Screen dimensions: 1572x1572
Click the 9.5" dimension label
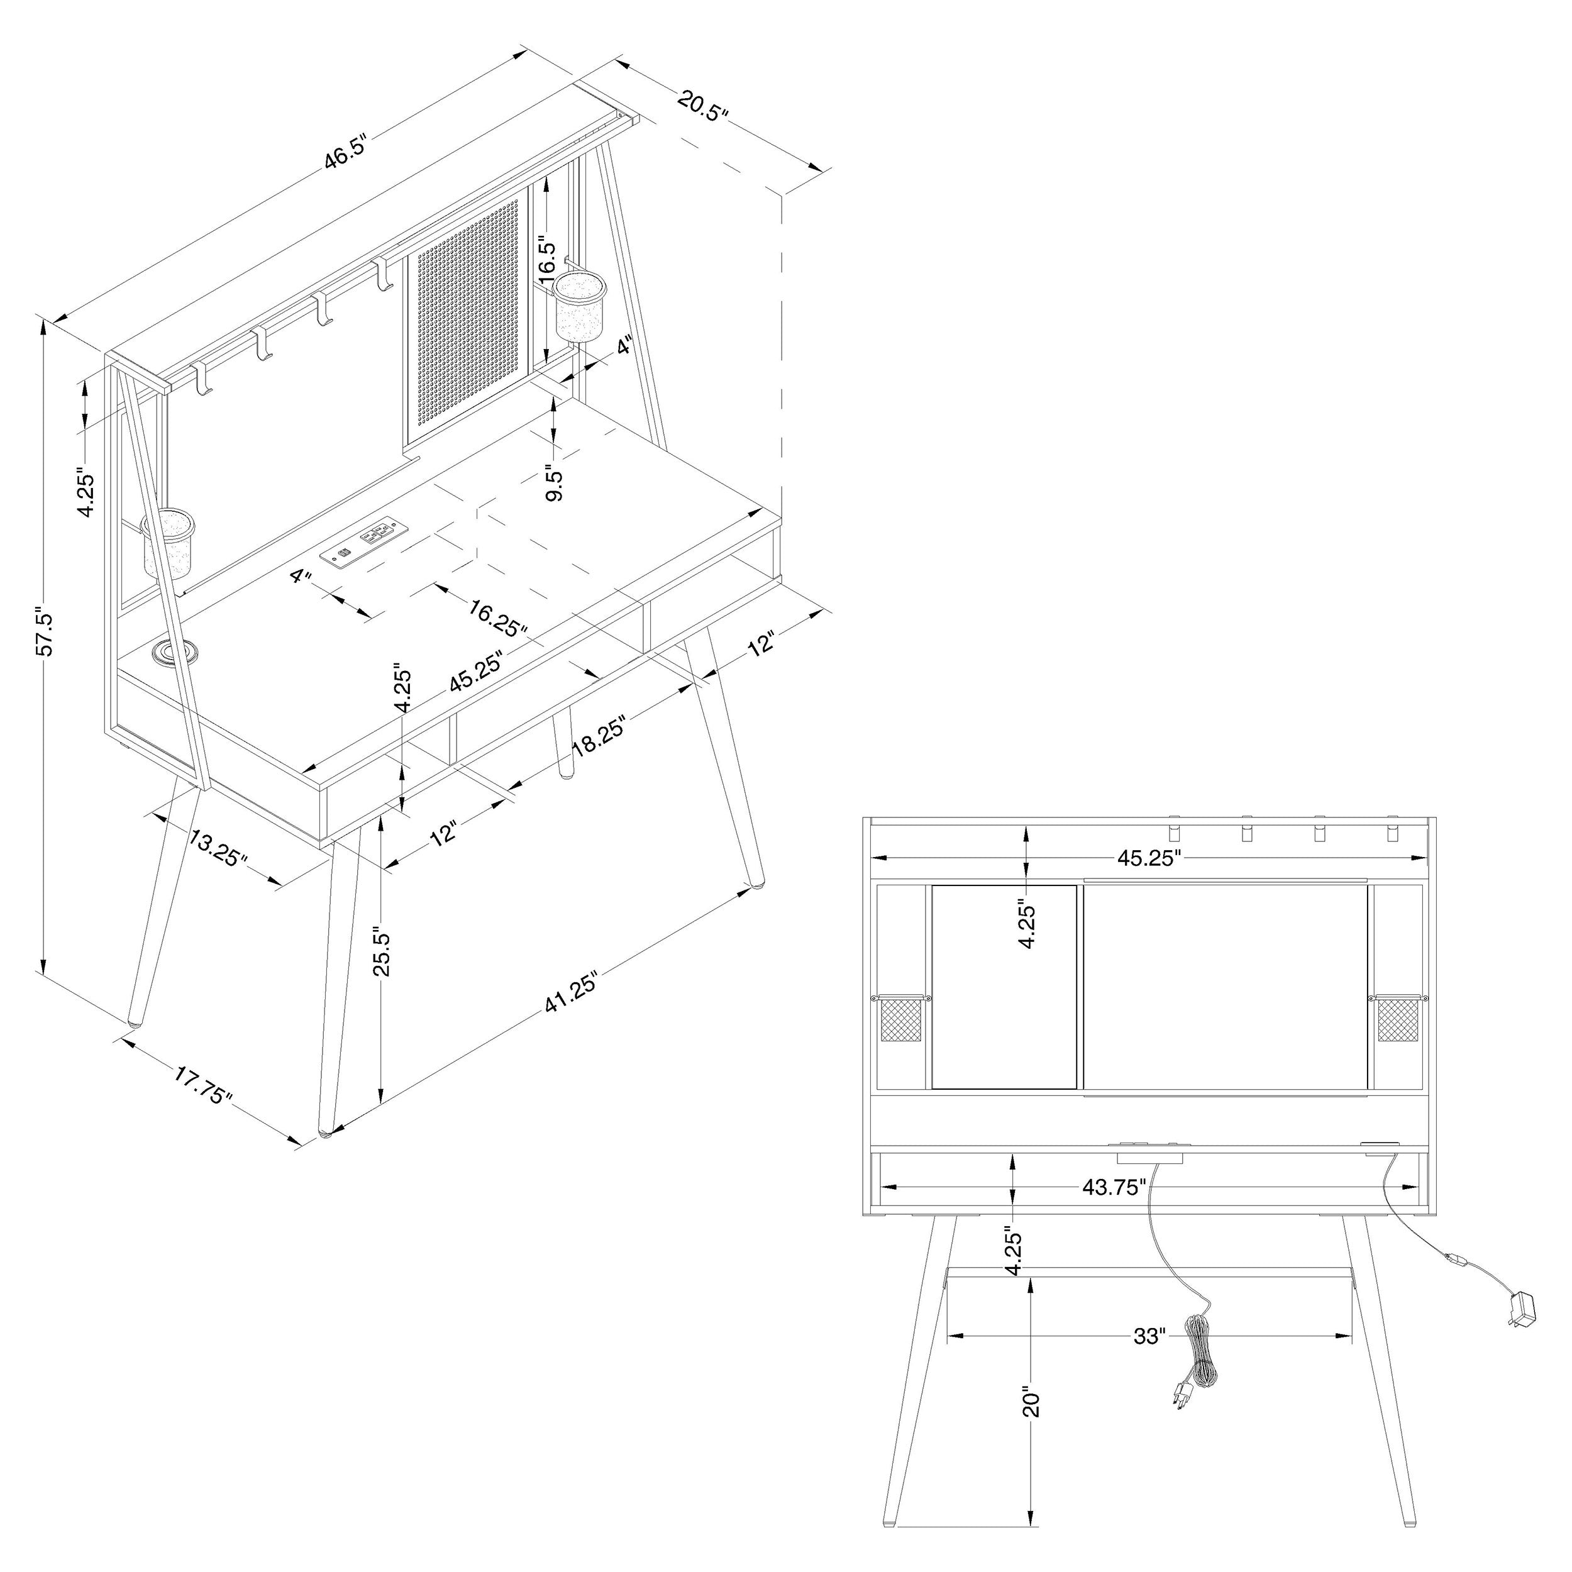click(x=555, y=484)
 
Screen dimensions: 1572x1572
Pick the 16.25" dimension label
click(x=498, y=617)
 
